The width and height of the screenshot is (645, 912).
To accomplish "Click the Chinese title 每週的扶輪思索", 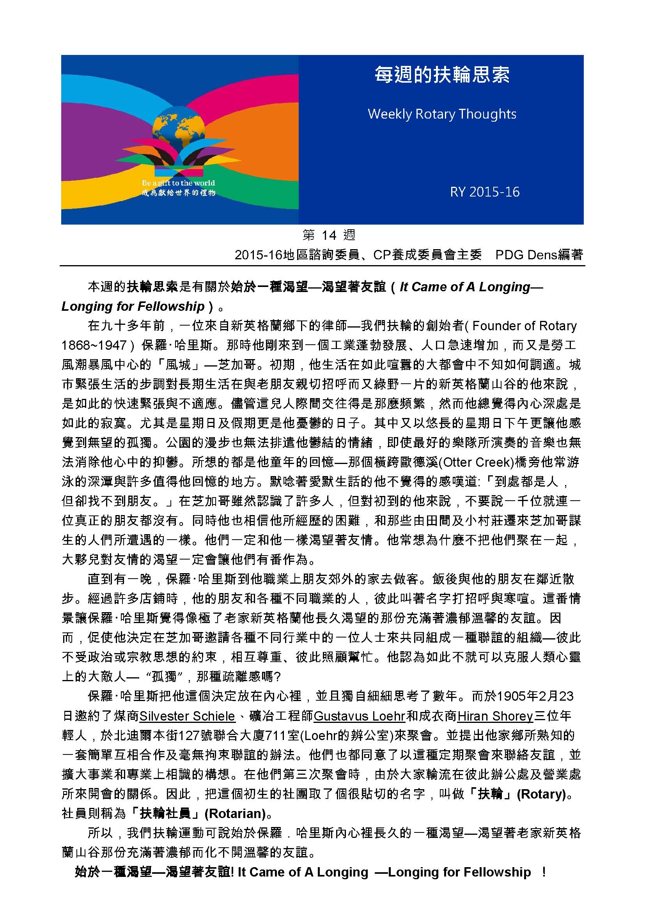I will click(442, 75).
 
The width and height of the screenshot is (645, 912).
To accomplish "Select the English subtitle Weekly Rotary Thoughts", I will click(442, 114).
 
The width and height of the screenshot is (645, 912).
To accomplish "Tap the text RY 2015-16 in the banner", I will click(485, 192).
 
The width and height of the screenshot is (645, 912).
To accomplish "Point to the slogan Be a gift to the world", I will click(178, 183).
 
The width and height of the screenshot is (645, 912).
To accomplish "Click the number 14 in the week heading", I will click(329, 236).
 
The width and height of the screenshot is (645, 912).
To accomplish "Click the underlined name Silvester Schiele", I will click(187, 716).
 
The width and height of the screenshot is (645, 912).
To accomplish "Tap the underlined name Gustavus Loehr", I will click(359, 716).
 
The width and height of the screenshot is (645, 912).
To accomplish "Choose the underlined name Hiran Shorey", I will click(495, 716).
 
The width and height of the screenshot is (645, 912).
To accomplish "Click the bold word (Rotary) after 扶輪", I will click(541, 794).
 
